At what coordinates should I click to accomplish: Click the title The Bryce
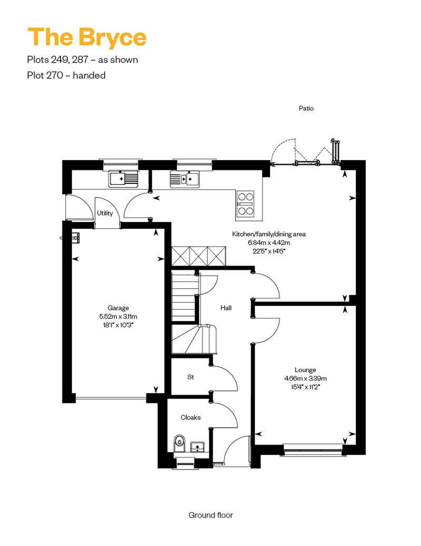point(87,37)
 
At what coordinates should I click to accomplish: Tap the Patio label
point(306,108)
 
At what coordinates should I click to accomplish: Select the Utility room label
point(105,213)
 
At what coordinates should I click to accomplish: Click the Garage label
point(118,308)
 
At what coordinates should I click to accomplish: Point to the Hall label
point(226,308)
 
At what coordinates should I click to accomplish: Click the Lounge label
point(305,370)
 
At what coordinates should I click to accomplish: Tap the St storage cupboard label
point(191,377)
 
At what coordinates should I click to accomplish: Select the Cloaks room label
point(191,417)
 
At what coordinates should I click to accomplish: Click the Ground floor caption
point(210,515)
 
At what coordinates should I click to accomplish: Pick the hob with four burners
point(245,204)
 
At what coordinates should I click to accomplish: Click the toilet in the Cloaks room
point(179,443)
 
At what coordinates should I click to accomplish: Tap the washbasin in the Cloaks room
point(198,446)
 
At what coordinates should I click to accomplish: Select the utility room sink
point(123,179)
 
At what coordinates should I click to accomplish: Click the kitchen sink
point(185,179)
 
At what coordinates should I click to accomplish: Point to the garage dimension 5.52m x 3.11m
point(118,317)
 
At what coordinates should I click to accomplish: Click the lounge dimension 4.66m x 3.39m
point(305,378)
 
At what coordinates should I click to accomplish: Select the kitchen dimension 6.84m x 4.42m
point(269,243)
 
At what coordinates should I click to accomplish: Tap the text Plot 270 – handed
point(66,75)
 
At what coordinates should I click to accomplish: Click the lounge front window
point(313,449)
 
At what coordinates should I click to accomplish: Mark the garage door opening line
point(111,398)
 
